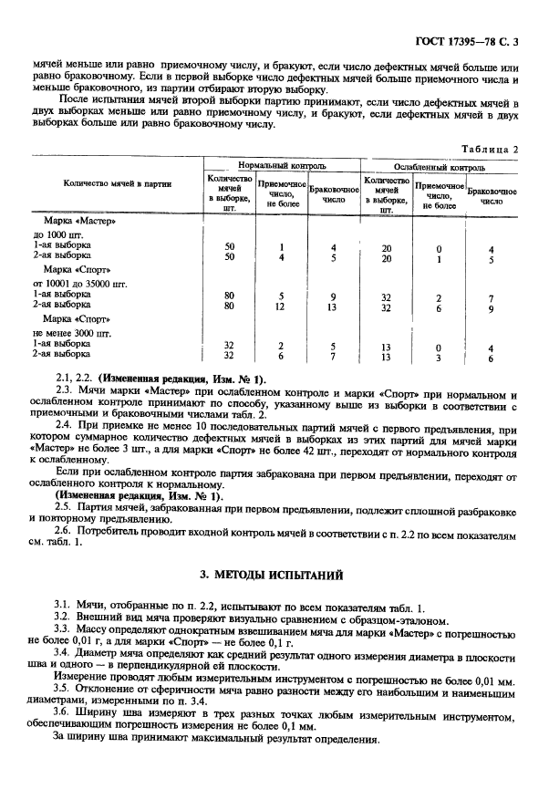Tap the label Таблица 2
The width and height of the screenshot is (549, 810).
point(491,148)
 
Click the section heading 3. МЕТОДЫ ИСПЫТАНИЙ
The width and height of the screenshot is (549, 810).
point(274,576)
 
